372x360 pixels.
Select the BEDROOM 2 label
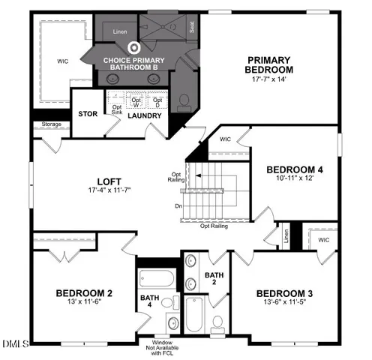click(x=83, y=293)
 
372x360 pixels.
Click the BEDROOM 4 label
click(x=294, y=169)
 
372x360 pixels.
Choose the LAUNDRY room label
click(x=145, y=116)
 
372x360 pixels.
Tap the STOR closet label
click(x=87, y=115)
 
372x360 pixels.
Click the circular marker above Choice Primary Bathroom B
click(x=135, y=47)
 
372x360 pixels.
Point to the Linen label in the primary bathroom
click(x=120, y=32)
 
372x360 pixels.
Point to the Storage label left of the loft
click(x=52, y=124)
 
